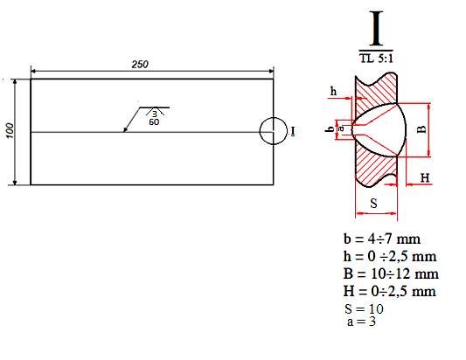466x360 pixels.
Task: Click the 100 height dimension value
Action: (x=10, y=130)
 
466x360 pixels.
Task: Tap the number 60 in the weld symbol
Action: (x=154, y=121)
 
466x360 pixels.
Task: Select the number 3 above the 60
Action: (x=154, y=114)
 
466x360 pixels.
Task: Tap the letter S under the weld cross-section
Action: (x=373, y=203)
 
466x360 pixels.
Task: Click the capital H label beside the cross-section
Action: (x=425, y=178)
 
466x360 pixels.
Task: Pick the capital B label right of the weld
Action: (x=421, y=129)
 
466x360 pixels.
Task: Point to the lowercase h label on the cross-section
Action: (x=333, y=91)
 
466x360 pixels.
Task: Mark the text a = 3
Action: (x=362, y=322)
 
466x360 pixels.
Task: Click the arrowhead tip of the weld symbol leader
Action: (x=125, y=131)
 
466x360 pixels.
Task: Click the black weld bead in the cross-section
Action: (x=385, y=128)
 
